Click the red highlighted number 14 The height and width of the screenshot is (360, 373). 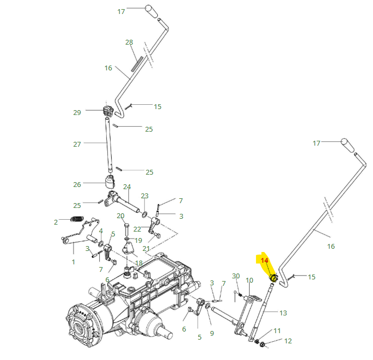click(264, 260)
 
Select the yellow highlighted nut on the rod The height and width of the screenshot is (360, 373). click(273, 278)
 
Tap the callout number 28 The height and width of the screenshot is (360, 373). click(129, 42)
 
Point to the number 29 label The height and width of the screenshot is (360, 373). click(77, 112)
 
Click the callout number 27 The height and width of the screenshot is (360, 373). click(77, 144)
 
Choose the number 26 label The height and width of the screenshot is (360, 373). click(77, 184)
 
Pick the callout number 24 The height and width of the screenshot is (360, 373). click(127, 187)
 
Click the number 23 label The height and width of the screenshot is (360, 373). click(144, 196)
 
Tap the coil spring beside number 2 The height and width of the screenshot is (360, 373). click(78, 219)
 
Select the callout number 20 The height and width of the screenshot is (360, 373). click(121, 215)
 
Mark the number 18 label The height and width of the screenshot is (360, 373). click(138, 263)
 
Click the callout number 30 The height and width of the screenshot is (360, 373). click(236, 276)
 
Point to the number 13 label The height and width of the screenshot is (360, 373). click(283, 313)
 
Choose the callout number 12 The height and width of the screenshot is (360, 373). click(288, 341)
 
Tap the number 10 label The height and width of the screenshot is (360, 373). click(249, 280)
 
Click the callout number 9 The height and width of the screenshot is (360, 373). click(211, 334)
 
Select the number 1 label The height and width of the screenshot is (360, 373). click(74, 262)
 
